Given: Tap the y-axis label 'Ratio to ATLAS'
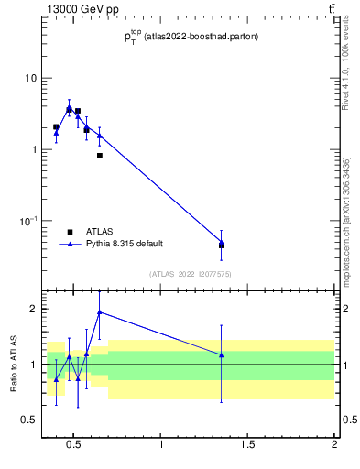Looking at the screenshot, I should (14, 365).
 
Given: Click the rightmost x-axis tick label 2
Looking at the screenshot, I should (334, 445).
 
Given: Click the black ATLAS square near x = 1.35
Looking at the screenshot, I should (222, 245).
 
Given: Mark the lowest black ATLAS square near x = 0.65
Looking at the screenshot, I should (99, 156).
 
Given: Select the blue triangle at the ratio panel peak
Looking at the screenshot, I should (99, 312).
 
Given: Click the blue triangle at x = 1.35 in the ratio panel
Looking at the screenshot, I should (222, 354).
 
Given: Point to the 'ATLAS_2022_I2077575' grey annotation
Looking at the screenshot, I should (190, 274).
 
